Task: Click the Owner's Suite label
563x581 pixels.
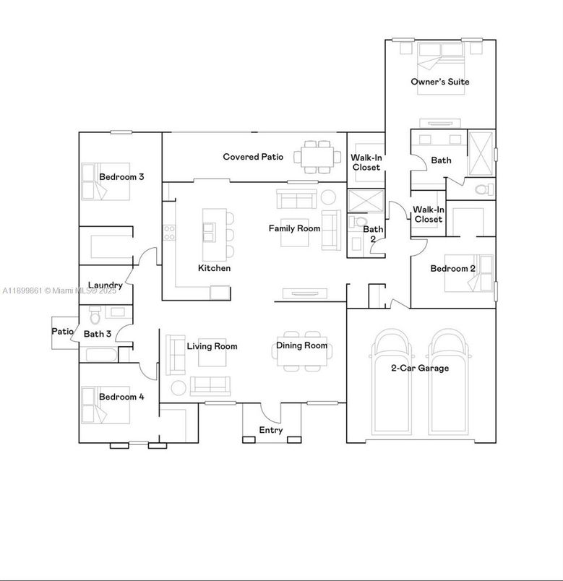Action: pyautogui.click(x=439, y=82)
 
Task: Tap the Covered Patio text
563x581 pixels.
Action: pyautogui.click(x=252, y=157)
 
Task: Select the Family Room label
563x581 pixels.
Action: pyautogui.click(x=294, y=228)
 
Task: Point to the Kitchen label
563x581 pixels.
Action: pyautogui.click(x=214, y=268)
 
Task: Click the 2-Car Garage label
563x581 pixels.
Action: pyautogui.click(x=420, y=368)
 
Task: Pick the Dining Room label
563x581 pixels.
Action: pyautogui.click(x=301, y=345)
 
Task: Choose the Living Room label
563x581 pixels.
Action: pyautogui.click(x=212, y=346)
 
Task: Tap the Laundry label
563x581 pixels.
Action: pyautogui.click(x=105, y=285)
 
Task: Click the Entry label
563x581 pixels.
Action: pyautogui.click(x=271, y=431)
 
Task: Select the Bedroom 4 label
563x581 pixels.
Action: pyautogui.click(x=121, y=397)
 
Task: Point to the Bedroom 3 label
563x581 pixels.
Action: pyautogui.click(x=121, y=176)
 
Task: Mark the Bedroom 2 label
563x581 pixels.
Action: pyautogui.click(x=452, y=269)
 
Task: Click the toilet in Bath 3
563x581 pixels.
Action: pyautogui.click(x=94, y=316)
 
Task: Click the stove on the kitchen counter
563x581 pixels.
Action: pyautogui.click(x=170, y=232)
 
